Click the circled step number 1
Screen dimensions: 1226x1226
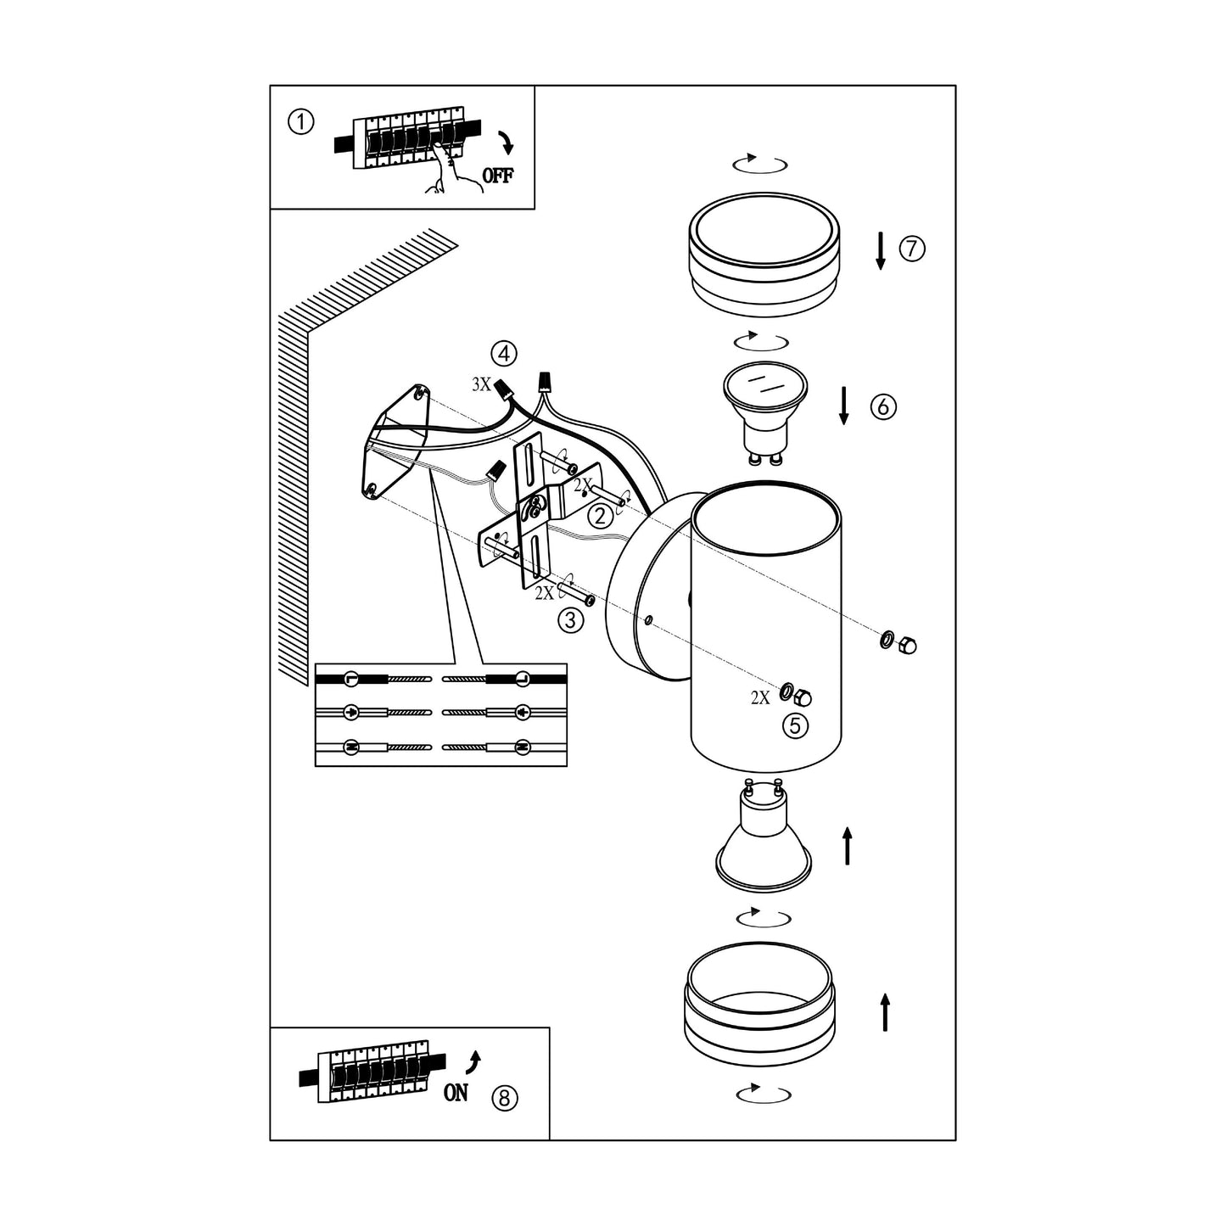(301, 121)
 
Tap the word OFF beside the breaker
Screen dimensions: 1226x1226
(497, 176)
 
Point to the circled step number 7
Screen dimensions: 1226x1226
(912, 248)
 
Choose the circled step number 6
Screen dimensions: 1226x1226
(883, 406)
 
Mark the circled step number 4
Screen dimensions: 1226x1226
(504, 353)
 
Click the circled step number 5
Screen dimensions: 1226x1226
(795, 725)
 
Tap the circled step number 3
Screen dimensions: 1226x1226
(571, 619)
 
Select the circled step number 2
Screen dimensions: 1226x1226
(601, 516)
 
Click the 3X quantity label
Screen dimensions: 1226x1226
(482, 384)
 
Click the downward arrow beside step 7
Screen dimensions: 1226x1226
(881, 250)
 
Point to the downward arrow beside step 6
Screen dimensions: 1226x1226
(844, 406)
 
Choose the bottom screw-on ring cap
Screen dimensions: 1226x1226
(759, 1004)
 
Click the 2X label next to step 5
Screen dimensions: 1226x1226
(760, 698)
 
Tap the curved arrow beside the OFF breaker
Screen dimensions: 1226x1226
(506, 143)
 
